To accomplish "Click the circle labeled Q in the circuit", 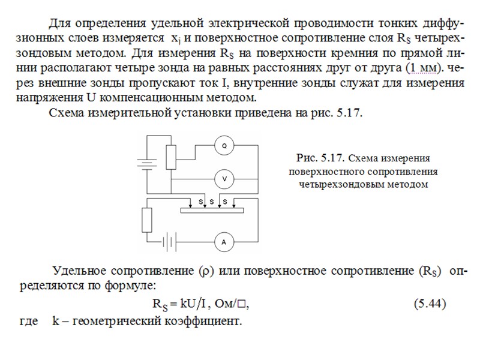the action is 224,146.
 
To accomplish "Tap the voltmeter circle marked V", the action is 224,179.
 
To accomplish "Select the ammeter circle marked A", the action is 224,242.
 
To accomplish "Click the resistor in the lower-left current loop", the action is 146,220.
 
